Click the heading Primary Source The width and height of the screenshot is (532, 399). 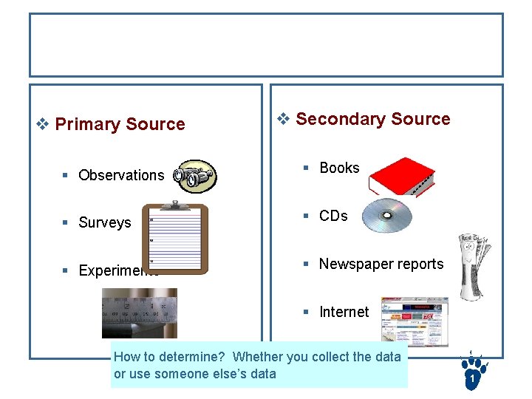(x=120, y=124)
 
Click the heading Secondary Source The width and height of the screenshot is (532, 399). (x=372, y=119)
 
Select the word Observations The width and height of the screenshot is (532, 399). (x=121, y=175)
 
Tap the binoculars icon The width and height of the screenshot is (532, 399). (x=195, y=175)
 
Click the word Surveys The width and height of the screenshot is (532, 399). (x=105, y=222)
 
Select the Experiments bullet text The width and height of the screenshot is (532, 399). (x=118, y=270)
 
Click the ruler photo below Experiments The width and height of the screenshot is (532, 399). (x=139, y=312)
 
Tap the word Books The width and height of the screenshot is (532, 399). (x=339, y=168)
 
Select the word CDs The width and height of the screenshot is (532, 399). (x=333, y=216)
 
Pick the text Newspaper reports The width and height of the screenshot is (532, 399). (x=381, y=264)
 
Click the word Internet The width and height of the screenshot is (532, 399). (x=344, y=312)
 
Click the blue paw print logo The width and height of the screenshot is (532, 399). (x=471, y=372)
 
